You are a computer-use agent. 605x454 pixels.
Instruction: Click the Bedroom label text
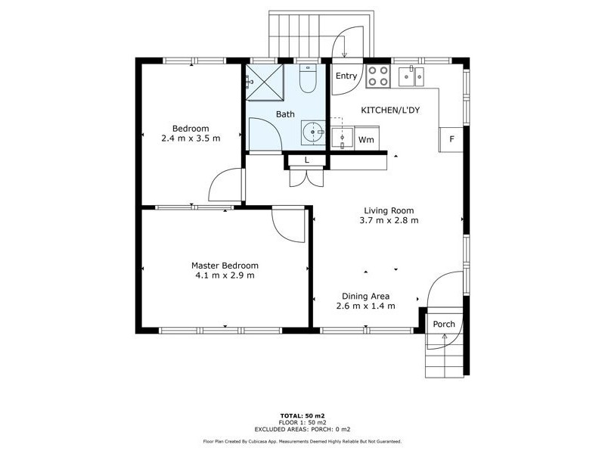(190, 129)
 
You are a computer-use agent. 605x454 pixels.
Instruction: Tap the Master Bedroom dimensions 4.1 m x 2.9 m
(225, 275)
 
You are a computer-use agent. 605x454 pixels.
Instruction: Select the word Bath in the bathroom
(284, 114)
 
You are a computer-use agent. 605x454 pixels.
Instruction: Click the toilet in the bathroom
(307, 79)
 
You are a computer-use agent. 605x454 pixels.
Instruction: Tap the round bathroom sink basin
(312, 132)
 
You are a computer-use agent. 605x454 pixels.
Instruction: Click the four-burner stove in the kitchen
(377, 76)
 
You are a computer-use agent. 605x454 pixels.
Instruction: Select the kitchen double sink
(411, 74)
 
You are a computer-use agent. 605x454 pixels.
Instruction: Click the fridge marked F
(451, 139)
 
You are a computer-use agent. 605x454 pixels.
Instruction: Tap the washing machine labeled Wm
(366, 140)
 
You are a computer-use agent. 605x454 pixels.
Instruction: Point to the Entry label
(346, 76)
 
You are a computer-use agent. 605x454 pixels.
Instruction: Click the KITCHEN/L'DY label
(389, 110)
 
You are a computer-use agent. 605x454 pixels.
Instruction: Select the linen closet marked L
(306, 160)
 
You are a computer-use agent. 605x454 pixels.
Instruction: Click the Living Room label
(389, 211)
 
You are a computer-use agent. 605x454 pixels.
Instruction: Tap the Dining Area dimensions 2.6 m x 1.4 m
(367, 306)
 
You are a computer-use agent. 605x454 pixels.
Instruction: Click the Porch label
(444, 324)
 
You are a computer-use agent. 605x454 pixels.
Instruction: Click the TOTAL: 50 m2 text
(302, 416)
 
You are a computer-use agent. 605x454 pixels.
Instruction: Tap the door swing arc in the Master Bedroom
(288, 225)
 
